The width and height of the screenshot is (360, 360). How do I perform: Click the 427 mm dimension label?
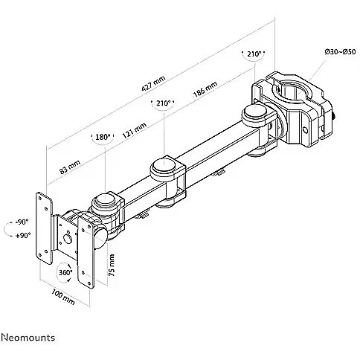[x=154, y=83]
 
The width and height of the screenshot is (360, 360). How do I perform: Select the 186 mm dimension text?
[x=205, y=89]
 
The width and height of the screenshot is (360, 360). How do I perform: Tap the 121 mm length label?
[x=135, y=130]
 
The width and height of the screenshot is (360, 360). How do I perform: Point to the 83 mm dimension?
[x=70, y=167]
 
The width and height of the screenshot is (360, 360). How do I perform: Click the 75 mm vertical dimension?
[x=112, y=265]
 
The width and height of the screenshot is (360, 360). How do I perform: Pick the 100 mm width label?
[x=63, y=297]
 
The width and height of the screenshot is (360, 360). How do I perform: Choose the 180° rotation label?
[x=103, y=137]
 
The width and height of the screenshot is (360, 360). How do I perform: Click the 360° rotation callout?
[x=65, y=272]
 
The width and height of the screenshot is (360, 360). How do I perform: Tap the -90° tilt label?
[x=22, y=222]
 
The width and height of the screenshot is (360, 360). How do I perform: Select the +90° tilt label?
[x=23, y=235]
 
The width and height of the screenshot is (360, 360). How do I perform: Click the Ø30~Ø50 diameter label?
[x=340, y=52]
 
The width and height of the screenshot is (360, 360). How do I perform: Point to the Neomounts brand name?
[x=28, y=338]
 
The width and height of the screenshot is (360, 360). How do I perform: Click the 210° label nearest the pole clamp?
[x=254, y=54]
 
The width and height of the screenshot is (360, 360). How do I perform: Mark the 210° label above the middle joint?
[x=163, y=103]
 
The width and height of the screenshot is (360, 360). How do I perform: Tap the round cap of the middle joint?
[x=164, y=166]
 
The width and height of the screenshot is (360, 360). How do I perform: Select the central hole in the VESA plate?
[x=67, y=239]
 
